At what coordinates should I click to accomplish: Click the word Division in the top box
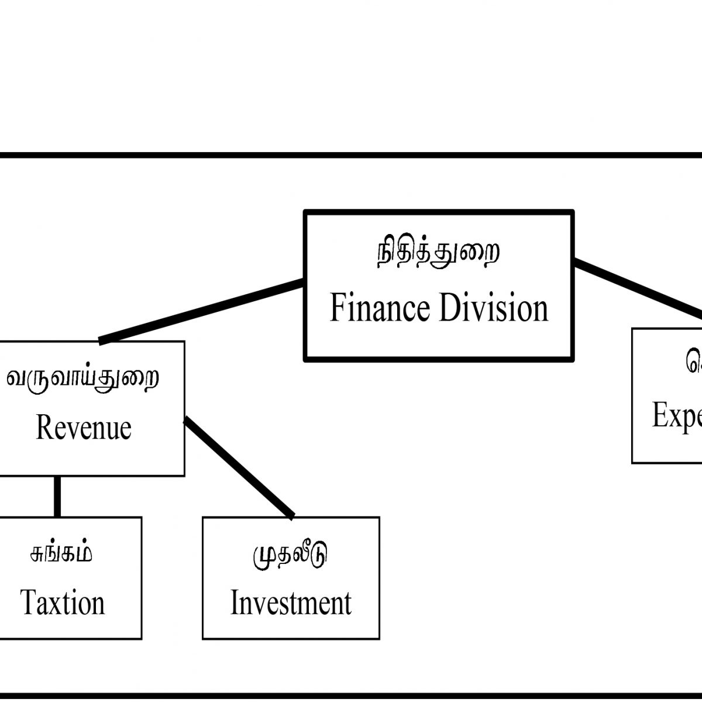click(493, 308)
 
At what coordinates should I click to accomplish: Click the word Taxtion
click(63, 603)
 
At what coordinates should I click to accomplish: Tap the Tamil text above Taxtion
click(61, 553)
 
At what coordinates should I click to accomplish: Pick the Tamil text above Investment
click(290, 554)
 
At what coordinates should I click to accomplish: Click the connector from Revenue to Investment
click(239, 468)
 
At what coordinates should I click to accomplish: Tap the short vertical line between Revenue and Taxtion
click(57, 496)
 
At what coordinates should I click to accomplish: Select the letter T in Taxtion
click(29, 603)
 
